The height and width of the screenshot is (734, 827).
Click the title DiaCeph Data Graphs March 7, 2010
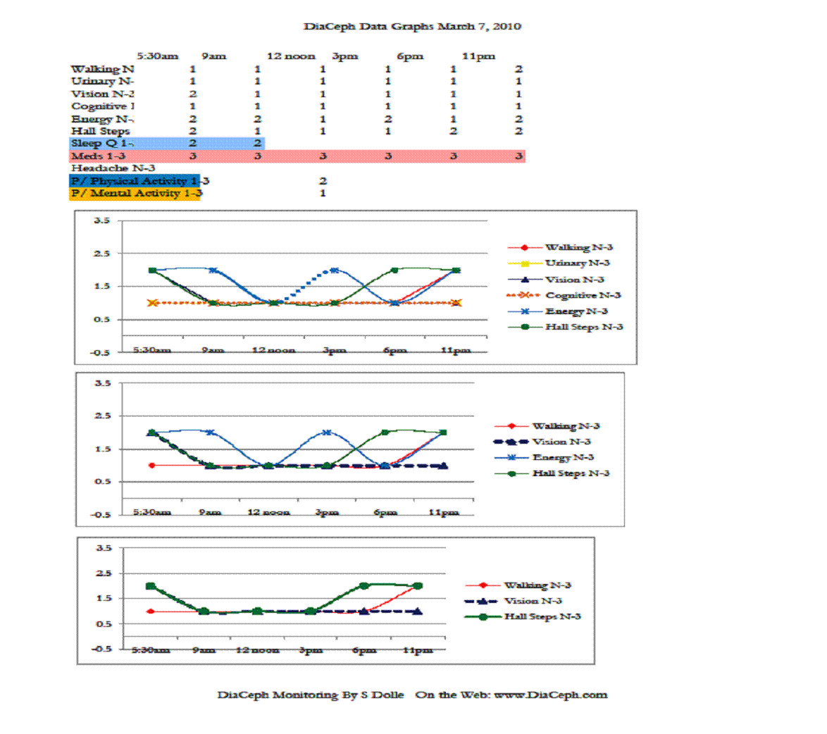412,27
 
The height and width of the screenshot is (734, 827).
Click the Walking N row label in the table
102,69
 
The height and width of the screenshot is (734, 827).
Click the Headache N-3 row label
113,168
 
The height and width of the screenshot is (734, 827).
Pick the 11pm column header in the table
478,56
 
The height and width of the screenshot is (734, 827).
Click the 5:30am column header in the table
157,56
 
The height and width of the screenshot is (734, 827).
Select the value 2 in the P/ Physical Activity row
323,181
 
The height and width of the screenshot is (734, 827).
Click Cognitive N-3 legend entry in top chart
583,295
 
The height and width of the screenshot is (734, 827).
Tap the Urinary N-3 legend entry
577,263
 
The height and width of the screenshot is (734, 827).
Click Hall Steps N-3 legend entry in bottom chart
542,616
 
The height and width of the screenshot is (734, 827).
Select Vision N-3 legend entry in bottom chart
533,601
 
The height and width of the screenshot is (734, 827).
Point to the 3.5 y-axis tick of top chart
101,220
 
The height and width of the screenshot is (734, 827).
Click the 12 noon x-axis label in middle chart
268,512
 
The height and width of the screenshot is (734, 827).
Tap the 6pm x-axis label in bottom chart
364,649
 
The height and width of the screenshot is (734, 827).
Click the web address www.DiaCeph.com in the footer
550,695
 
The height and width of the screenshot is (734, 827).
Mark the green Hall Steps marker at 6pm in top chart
394,270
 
